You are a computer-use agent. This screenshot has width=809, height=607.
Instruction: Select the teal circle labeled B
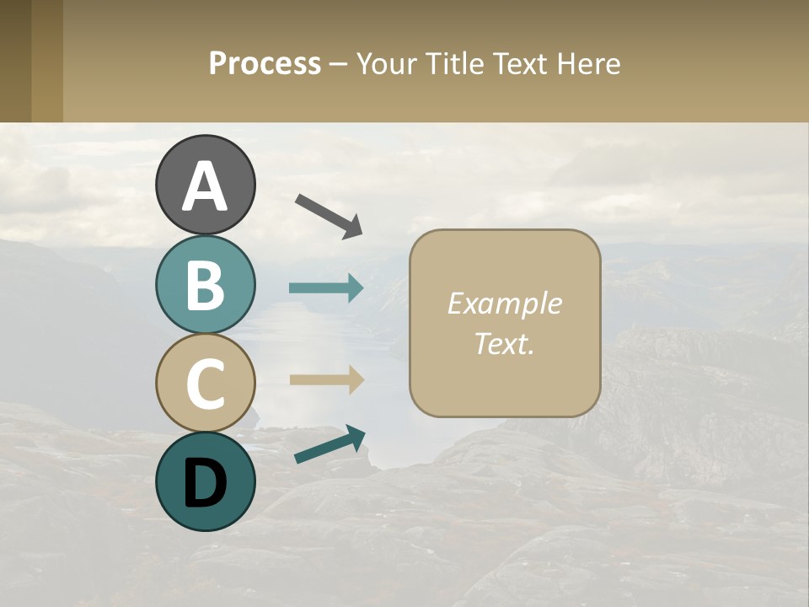click(x=206, y=285)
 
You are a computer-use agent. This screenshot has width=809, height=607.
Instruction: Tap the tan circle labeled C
click(x=206, y=383)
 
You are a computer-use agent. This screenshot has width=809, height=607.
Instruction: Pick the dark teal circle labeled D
click(x=206, y=481)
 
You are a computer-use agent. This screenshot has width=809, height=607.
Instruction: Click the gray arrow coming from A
click(x=329, y=215)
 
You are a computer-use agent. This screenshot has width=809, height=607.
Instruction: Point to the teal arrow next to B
click(x=326, y=288)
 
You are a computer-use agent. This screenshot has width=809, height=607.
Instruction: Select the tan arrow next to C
click(x=326, y=379)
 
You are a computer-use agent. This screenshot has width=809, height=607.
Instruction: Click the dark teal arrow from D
click(x=329, y=444)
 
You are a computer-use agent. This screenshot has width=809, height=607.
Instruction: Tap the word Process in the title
click(x=265, y=63)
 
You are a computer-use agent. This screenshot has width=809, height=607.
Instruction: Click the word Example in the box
click(x=504, y=303)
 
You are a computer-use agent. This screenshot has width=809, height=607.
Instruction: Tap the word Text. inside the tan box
click(x=504, y=344)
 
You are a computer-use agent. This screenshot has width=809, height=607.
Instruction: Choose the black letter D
click(x=206, y=483)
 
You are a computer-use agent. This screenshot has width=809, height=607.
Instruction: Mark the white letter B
click(x=206, y=285)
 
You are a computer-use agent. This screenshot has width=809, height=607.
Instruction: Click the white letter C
click(x=206, y=384)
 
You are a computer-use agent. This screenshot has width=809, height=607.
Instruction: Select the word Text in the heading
click(x=520, y=63)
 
